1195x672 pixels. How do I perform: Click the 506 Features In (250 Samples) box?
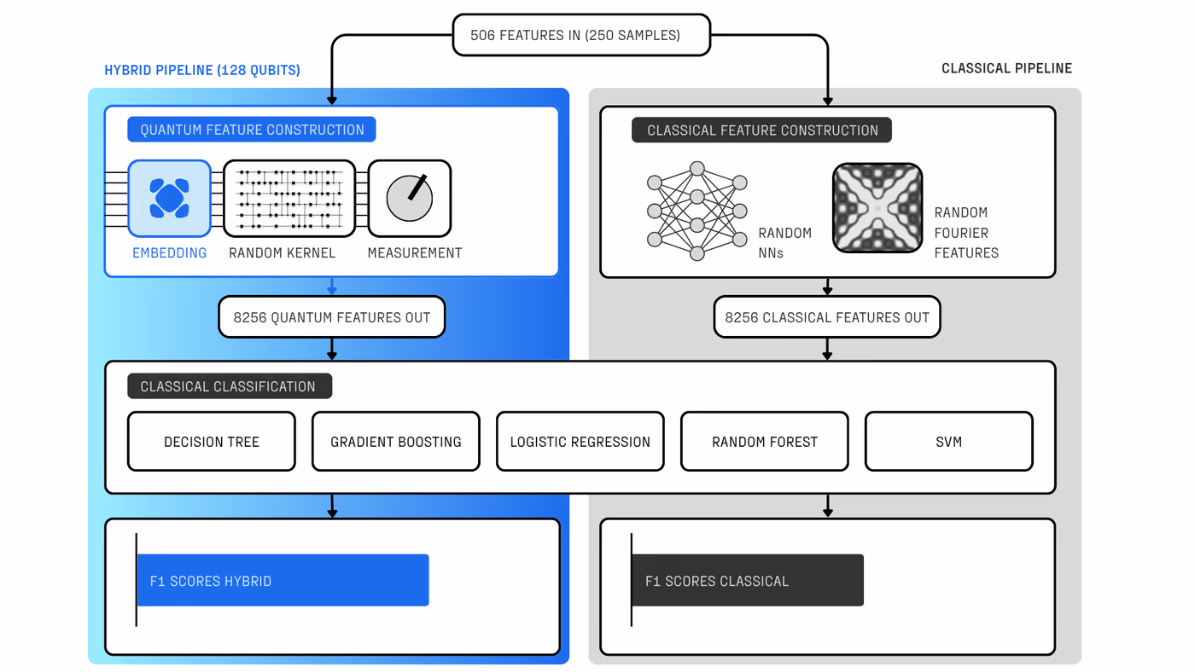point(580,35)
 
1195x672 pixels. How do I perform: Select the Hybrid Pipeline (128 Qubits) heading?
point(202,70)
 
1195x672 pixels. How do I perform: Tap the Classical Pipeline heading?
point(1006,68)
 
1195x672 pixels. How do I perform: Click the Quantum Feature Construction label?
point(252,130)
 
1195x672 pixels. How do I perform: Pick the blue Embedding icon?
point(169,198)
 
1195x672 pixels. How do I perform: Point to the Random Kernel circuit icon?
point(289,198)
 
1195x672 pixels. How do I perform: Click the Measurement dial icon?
point(409,198)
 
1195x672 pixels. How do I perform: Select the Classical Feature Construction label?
point(761,130)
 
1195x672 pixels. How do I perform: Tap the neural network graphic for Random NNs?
point(697,211)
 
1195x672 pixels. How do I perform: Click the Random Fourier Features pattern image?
point(877,208)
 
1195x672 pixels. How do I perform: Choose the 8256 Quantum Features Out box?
point(332,317)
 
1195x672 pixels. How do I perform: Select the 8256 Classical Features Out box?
point(827,317)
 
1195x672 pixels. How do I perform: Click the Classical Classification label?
point(229,386)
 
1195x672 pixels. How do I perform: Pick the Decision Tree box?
point(212,442)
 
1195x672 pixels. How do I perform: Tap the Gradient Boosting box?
point(396,442)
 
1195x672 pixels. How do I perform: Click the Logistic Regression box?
point(580,442)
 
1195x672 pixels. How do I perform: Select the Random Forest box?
point(765,442)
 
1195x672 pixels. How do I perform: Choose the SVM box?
point(949,442)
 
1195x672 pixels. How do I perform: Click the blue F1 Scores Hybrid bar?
point(283,581)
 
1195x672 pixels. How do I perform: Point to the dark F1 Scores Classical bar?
point(748,581)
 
